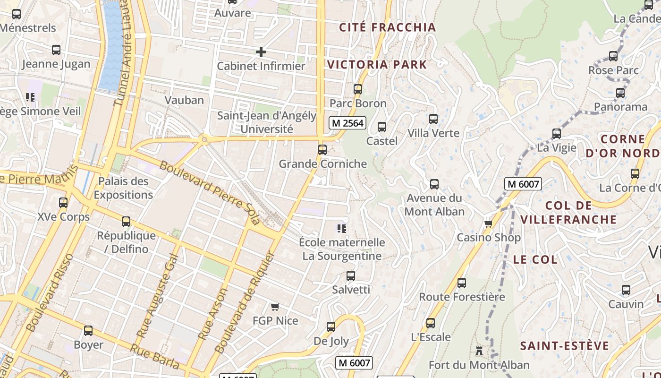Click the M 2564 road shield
pos(347,123)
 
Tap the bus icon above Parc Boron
pos(358,89)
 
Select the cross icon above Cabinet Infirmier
pos(261,52)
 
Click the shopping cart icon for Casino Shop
pos(488,223)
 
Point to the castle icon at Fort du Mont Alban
pos(479,351)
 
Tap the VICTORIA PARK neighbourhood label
pos(377,65)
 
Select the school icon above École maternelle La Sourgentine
pos(342,229)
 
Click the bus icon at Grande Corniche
pos(322,150)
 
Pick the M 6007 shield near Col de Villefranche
pos(523,184)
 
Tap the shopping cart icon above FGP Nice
pos(275,307)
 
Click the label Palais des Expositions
pos(123,188)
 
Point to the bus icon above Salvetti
pos(351,276)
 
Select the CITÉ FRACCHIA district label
pos(387,27)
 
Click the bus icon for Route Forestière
pos(462,283)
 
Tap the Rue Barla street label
pos(154,357)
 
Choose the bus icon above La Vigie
pos(557,134)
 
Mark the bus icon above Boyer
pos(88,331)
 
